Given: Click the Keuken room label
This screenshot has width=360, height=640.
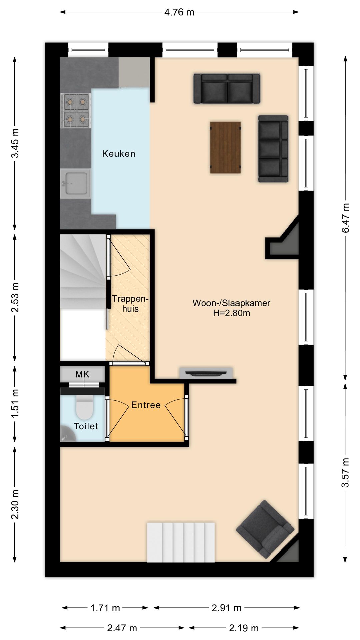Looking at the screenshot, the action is [119, 154].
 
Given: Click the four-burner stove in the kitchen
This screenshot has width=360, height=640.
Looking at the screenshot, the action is [75, 111].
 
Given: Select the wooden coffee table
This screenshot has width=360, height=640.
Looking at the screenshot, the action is [225, 147].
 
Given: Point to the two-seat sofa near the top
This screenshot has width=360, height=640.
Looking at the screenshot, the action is [227, 89].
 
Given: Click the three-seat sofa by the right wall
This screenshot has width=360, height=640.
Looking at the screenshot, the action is [273, 149].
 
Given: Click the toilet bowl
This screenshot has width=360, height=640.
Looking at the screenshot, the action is [84, 407].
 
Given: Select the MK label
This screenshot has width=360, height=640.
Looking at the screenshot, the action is [82, 374].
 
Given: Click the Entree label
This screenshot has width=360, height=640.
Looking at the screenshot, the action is [146, 405].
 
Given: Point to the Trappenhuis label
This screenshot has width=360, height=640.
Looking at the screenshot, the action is [130, 303].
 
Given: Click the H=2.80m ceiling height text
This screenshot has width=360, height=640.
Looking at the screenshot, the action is [232, 313].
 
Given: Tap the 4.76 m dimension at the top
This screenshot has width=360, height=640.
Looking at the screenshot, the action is [179, 12].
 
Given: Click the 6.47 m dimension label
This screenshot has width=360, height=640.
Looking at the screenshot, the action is [346, 218].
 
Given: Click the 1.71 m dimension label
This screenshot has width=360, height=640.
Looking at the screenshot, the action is [105, 608].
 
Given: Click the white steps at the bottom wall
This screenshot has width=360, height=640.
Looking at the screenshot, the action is [181, 542].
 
